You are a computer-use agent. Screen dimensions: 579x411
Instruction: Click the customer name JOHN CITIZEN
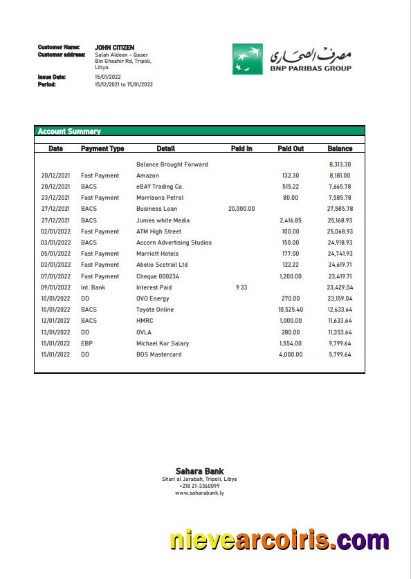pyautogui.click(x=114, y=47)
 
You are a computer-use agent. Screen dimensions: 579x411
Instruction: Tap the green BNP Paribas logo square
pyautogui.click(x=247, y=58)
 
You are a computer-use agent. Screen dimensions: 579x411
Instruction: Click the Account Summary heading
pyautogui.click(x=69, y=131)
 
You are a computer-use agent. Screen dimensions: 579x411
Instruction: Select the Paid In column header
pyautogui.click(x=241, y=149)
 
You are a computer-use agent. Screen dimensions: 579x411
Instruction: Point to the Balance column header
pyautogui.click(x=340, y=149)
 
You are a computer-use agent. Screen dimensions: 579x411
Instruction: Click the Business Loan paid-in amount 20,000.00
pyautogui.click(x=241, y=209)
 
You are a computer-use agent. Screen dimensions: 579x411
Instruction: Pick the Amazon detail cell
pyautogui.click(x=147, y=175)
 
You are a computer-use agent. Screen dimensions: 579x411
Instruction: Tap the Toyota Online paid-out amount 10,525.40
pyautogui.click(x=291, y=310)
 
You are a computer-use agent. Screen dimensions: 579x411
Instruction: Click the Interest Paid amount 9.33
pyautogui.click(x=241, y=287)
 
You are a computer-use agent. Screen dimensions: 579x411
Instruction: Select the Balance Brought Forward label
pyautogui.click(x=172, y=164)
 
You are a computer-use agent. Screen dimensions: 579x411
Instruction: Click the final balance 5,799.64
pyautogui.click(x=340, y=354)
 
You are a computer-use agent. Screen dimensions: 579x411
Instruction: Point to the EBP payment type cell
pyautogui.click(x=86, y=343)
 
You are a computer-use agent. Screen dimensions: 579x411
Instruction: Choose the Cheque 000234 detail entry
pyautogui.click(x=157, y=276)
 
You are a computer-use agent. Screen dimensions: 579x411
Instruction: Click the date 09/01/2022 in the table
pyautogui.click(x=55, y=287)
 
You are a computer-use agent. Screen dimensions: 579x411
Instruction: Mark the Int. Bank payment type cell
pyautogui.click(x=93, y=287)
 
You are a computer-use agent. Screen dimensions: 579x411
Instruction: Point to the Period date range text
pyautogui.click(x=124, y=84)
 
